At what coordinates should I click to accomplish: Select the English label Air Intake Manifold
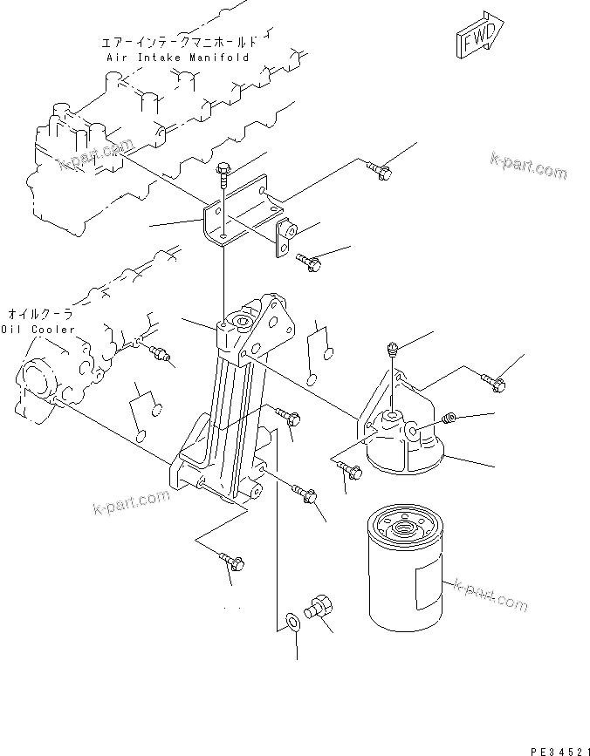coord(177,58)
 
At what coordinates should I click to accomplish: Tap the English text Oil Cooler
coord(37,330)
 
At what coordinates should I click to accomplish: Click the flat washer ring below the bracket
coord(291,622)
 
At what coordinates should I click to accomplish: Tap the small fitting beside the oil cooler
coord(160,353)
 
